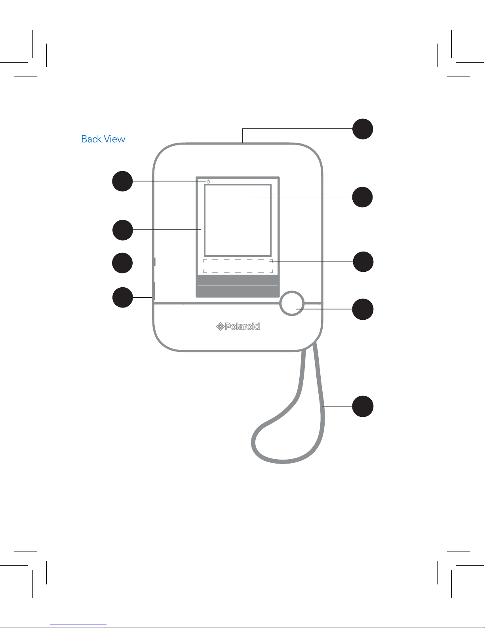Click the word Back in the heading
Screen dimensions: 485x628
(x=91, y=139)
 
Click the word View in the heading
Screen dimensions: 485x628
(x=114, y=139)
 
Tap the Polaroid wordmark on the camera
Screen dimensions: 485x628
(x=242, y=326)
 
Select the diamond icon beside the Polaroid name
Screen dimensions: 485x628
(x=220, y=326)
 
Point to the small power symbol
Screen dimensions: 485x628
(x=208, y=181)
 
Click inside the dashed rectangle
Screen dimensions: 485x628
(x=238, y=266)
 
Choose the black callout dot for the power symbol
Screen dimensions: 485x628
(x=122, y=181)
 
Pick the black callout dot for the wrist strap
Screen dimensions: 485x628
(x=363, y=406)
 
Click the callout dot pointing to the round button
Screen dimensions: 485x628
(x=363, y=309)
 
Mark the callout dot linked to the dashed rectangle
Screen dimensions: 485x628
(x=363, y=262)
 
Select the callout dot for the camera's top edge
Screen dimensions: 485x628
(x=363, y=129)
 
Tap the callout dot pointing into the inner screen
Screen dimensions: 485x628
(x=363, y=197)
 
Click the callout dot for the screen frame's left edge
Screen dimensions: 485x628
(x=122, y=230)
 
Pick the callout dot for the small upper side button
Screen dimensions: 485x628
(x=122, y=263)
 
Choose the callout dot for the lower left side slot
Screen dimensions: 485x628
(x=122, y=297)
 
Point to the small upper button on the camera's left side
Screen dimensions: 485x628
(x=154, y=262)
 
